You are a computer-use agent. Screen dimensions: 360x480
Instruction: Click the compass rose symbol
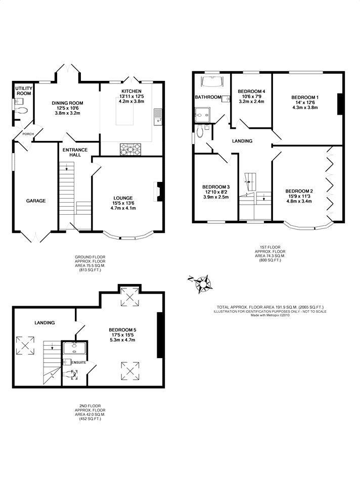[202, 284]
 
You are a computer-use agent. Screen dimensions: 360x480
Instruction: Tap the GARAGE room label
[36, 201]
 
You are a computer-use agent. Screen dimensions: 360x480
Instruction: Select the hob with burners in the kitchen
[131, 150]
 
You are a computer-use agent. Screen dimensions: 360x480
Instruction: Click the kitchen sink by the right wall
[158, 117]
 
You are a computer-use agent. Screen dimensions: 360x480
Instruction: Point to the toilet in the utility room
[21, 110]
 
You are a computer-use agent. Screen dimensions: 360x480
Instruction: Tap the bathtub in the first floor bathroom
[213, 81]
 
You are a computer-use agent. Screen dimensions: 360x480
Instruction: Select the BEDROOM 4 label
[251, 91]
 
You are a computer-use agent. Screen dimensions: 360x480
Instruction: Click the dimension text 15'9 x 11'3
[299, 196]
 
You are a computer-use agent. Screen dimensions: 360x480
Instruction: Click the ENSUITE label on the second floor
[79, 363]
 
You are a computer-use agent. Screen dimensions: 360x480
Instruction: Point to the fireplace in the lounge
[158, 191]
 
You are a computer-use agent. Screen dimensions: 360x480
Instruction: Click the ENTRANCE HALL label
[75, 152]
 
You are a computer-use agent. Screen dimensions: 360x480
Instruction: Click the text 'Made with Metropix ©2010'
[270, 315]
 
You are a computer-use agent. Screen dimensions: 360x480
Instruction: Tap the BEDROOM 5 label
[122, 330]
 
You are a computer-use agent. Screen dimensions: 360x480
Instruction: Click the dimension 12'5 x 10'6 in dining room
[67, 108]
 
